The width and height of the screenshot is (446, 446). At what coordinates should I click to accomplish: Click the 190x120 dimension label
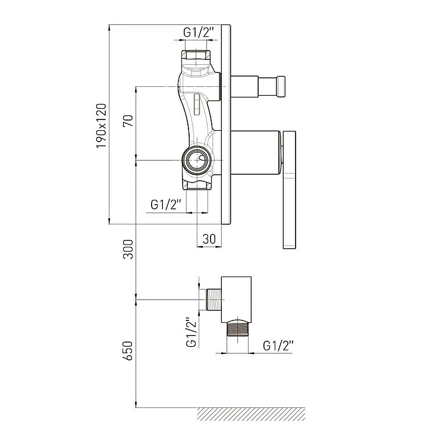click(101, 125)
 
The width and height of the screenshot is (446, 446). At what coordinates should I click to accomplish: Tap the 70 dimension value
click(128, 121)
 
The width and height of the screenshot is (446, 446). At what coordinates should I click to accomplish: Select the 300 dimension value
click(128, 249)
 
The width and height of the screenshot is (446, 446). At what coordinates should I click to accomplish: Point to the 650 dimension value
click(128, 351)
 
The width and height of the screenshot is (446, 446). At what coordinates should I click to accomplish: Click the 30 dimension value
click(209, 239)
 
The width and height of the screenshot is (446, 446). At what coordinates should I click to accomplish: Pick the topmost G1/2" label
click(198, 33)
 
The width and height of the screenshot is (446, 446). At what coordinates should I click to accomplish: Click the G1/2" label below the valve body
click(166, 205)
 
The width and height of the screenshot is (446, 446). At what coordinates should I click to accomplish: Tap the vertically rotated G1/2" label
click(191, 332)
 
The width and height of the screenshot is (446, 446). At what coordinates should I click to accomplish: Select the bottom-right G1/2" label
click(278, 346)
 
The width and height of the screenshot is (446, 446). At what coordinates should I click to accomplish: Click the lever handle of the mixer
click(290, 190)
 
